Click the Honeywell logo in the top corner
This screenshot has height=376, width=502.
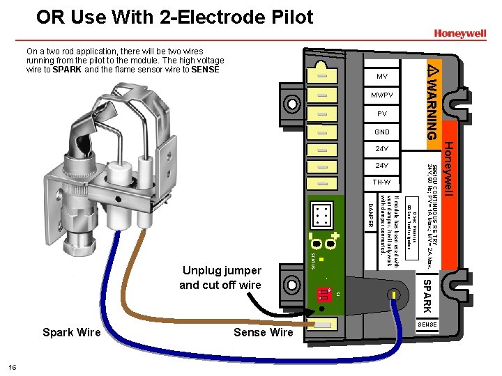(459, 33)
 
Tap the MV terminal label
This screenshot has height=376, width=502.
(382, 76)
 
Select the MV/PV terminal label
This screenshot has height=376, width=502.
(382, 95)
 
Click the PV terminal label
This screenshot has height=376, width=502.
(382, 113)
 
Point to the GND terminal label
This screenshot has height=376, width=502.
(382, 132)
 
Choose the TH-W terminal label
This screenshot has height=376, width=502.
(382, 182)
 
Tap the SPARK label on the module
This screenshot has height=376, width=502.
(427, 296)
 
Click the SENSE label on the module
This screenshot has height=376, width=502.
(427, 324)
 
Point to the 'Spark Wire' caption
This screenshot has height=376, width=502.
(72, 332)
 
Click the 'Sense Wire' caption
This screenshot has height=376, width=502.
(263, 332)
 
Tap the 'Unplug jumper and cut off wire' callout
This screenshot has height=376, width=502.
(220, 277)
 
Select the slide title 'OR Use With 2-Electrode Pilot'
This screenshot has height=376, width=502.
(175, 17)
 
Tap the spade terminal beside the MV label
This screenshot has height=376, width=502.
(322, 75)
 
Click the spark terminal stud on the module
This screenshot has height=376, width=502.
(399, 296)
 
